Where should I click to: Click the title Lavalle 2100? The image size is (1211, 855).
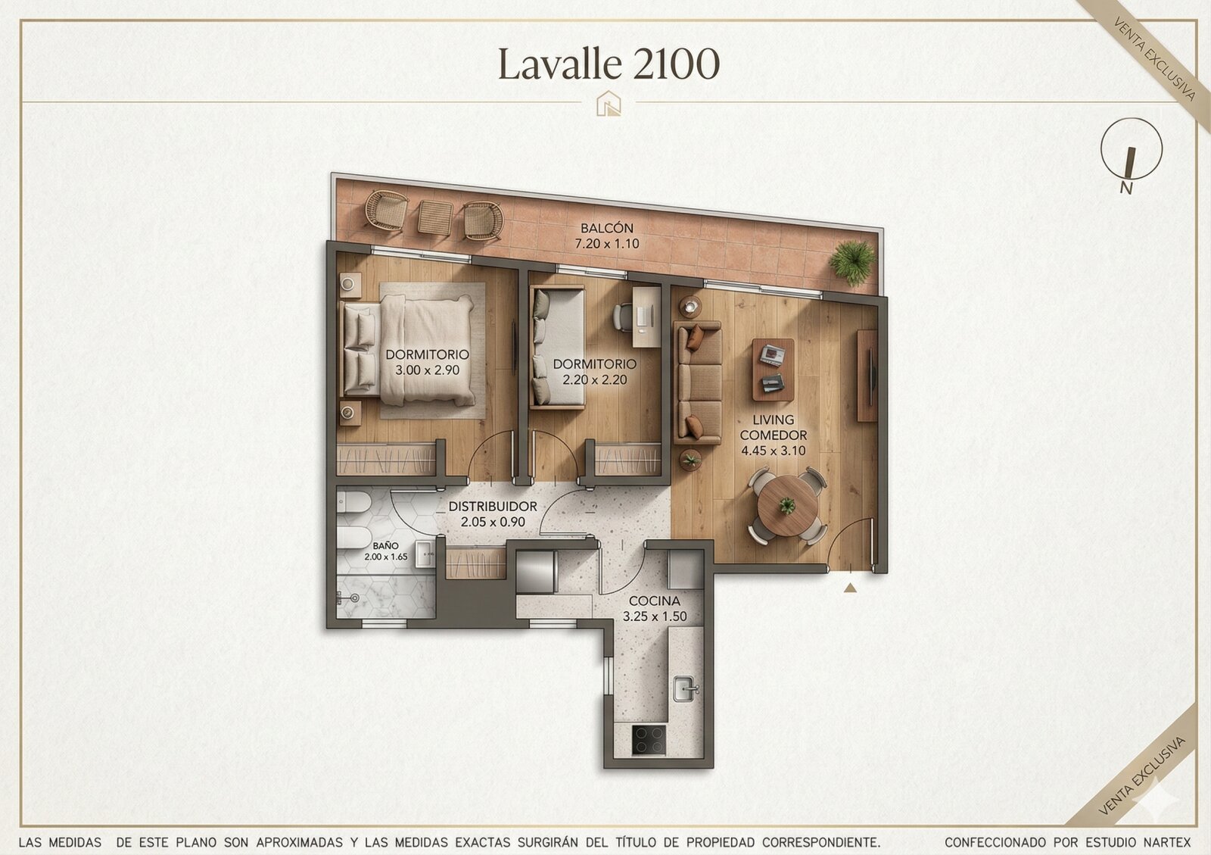click(609, 64)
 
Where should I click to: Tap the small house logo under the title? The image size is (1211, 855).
click(609, 103)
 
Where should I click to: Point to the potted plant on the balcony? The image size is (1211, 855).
click(853, 262)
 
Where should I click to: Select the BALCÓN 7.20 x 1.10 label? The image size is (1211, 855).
click(606, 236)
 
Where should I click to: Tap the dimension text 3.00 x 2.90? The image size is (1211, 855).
click(427, 370)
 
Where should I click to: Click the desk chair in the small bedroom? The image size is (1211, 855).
click(623, 317)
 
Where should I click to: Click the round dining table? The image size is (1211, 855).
click(787, 506)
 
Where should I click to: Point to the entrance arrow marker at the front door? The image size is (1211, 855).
click(850, 588)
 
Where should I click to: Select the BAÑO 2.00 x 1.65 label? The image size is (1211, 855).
click(385, 551)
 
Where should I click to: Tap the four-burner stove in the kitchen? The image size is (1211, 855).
click(649, 741)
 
